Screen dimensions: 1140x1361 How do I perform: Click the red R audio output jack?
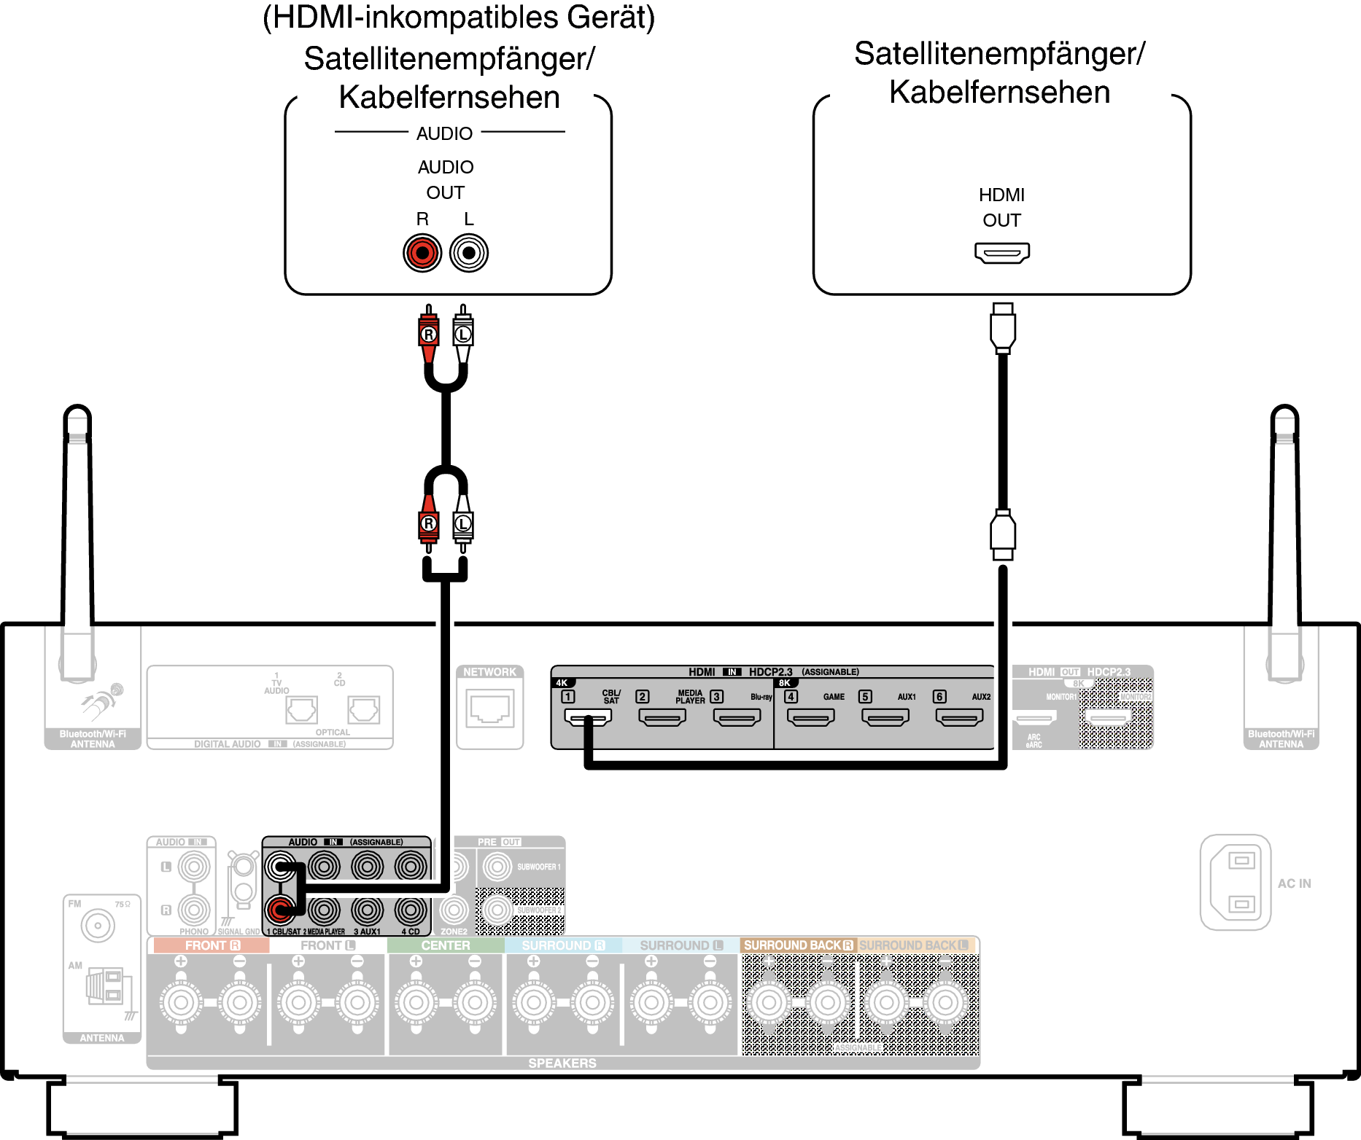pyautogui.click(x=422, y=253)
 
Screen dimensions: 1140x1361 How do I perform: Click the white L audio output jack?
pyautogui.click(x=469, y=253)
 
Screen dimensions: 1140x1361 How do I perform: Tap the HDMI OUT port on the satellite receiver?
pyautogui.click(x=1002, y=253)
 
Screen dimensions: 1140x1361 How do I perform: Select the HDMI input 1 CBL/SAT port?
pyautogui.click(x=588, y=717)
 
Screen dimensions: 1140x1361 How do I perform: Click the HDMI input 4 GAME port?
pyautogui.click(x=811, y=717)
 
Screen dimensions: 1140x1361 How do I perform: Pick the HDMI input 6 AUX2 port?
pyautogui.click(x=960, y=717)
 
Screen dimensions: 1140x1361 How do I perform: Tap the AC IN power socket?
pyautogui.click(x=1236, y=883)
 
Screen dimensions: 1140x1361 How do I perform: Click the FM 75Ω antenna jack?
pyautogui.click(x=98, y=926)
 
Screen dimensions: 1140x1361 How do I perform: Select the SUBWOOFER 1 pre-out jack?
pyautogui.click(x=497, y=867)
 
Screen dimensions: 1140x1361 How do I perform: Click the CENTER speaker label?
pyautogui.click(x=446, y=945)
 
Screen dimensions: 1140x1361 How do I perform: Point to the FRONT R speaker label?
pyautogui.click(x=212, y=945)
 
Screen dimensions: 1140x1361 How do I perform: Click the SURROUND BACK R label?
pyautogui.click(x=798, y=945)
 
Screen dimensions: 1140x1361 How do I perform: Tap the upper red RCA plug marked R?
pyautogui.click(x=429, y=334)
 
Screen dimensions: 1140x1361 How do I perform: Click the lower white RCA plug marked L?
pyautogui.click(x=463, y=524)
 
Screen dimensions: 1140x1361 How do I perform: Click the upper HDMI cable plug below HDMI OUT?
pyautogui.click(x=1003, y=328)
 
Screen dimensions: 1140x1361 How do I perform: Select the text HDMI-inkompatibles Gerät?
pyautogui.click(x=459, y=17)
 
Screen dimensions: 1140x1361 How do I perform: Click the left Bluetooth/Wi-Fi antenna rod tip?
pyautogui.click(x=77, y=415)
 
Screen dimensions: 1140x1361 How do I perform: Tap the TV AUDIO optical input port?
pyautogui.click(x=301, y=709)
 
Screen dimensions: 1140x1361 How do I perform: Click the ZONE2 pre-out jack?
pyautogui.click(x=454, y=910)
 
